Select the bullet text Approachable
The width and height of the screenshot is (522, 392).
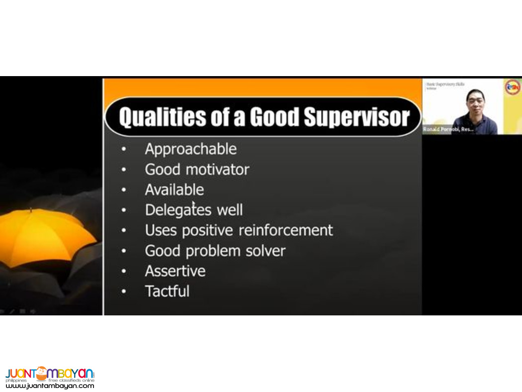click(x=190, y=149)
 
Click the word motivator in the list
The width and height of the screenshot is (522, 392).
click(x=217, y=169)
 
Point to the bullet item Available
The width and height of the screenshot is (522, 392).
click(x=174, y=190)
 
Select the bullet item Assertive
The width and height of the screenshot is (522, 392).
click(x=175, y=271)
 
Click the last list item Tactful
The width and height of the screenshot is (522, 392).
click(x=167, y=291)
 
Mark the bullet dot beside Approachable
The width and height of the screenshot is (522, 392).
click(x=123, y=149)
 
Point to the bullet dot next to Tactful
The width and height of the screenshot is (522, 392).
click(x=123, y=292)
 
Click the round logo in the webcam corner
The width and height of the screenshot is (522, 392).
click(x=513, y=88)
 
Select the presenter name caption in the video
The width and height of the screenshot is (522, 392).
click(x=447, y=129)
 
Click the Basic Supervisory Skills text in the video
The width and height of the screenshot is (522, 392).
click(x=445, y=85)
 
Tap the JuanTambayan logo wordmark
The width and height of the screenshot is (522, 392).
click(x=50, y=374)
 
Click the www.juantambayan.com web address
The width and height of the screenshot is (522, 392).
click(x=50, y=386)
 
